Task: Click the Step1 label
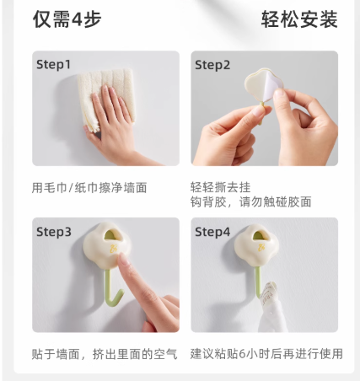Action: pyautogui.click(x=53, y=65)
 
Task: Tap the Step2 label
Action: pyautogui.click(x=212, y=65)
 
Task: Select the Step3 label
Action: pyautogui.click(x=54, y=232)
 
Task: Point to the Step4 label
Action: pyautogui.click(x=212, y=232)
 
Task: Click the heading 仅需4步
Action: pyautogui.click(x=67, y=19)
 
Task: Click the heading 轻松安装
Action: pyautogui.click(x=299, y=19)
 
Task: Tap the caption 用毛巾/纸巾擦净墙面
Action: pyautogui.click(x=89, y=188)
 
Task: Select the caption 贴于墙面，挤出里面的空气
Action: pyautogui.click(x=105, y=354)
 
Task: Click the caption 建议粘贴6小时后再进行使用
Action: pyautogui.click(x=266, y=354)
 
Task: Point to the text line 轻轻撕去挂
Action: pyautogui.click(x=220, y=187)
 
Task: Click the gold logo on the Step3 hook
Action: pyautogui.click(x=113, y=249)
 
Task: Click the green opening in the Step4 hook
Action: pyautogui.click(x=261, y=235)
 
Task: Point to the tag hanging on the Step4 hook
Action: pyautogui.click(x=268, y=295)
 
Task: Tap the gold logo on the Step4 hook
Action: pyautogui.click(x=262, y=247)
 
